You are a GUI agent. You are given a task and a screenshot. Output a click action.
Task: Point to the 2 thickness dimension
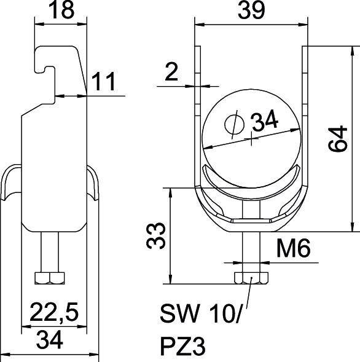coord(171,74)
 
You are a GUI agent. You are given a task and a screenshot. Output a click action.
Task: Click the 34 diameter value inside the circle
coord(265,123)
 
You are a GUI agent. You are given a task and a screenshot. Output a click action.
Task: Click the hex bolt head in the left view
coord(49,278)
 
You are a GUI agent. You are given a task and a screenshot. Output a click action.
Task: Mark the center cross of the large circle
coord(253,139)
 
